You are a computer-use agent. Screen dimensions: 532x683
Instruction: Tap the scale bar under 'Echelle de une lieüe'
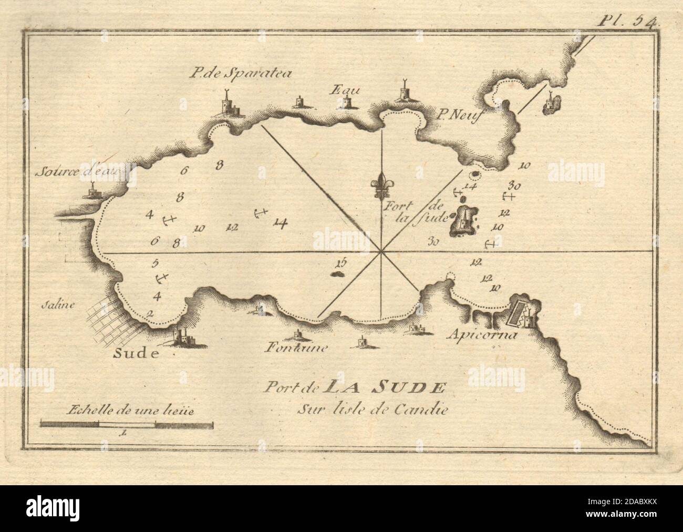click(126, 422)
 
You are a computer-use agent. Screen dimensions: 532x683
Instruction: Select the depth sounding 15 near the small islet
click(341, 262)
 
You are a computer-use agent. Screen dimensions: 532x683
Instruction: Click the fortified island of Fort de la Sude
click(463, 221)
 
